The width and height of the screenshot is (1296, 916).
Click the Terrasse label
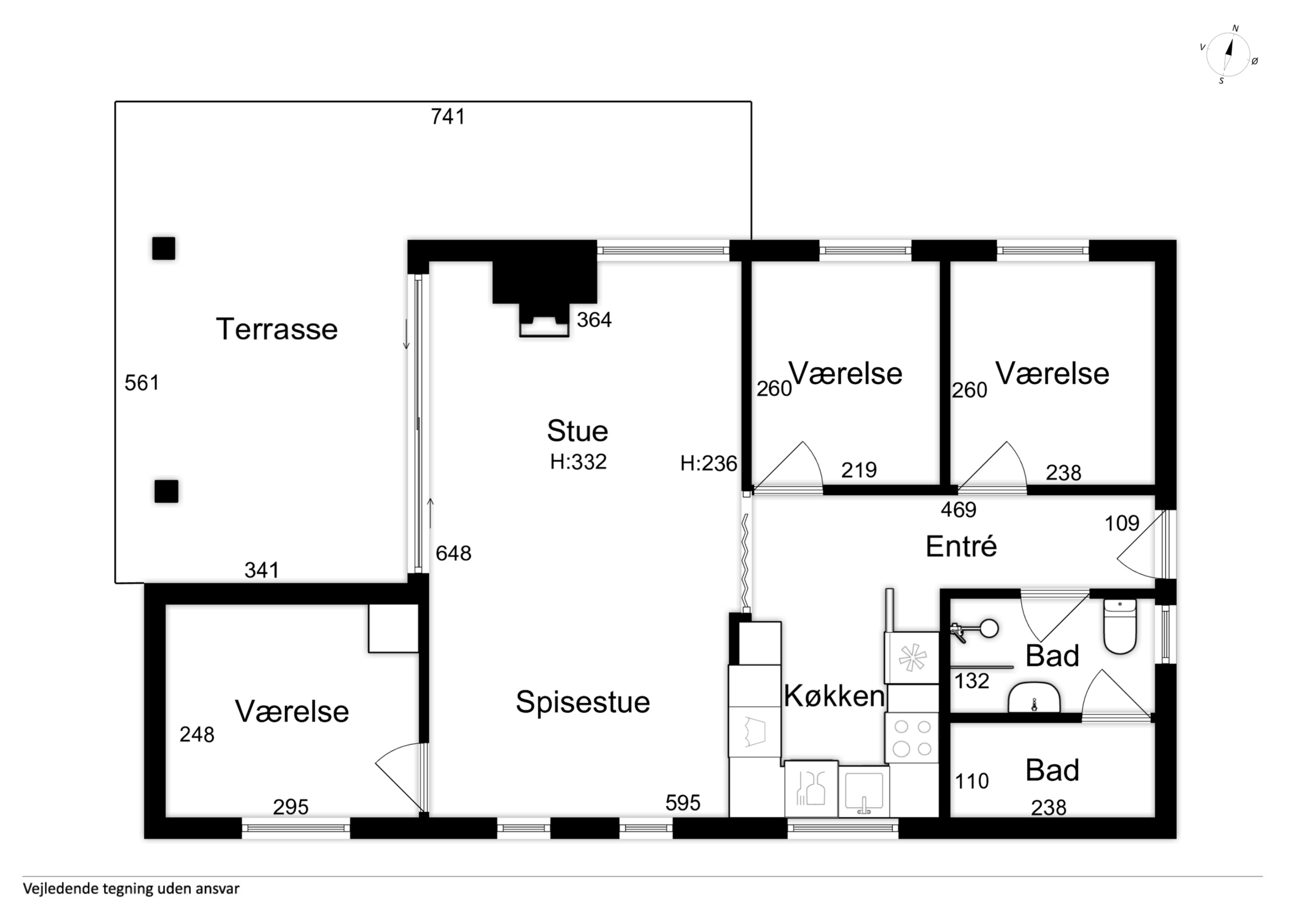[277, 329]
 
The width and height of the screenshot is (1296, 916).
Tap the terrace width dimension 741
[448, 117]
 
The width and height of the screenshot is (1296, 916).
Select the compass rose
[1228, 55]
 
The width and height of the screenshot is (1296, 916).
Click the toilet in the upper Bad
[1120, 626]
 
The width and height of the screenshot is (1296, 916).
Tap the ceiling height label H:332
[578, 462]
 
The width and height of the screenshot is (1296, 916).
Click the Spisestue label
[582, 703]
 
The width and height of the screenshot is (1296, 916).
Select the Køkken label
[834, 696]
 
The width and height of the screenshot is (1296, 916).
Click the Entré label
[961, 546]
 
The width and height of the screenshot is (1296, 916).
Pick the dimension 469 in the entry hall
[958, 510]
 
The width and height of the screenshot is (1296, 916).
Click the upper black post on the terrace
[164, 249]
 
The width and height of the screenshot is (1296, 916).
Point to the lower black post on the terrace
[167, 492]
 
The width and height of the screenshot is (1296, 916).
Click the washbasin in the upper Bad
[1034, 698]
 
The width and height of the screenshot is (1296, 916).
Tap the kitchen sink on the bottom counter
[864, 791]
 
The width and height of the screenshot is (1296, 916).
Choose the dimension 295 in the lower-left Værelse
[291, 807]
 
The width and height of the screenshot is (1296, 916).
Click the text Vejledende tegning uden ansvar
[131, 889]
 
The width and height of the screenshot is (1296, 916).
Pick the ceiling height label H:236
[708, 464]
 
